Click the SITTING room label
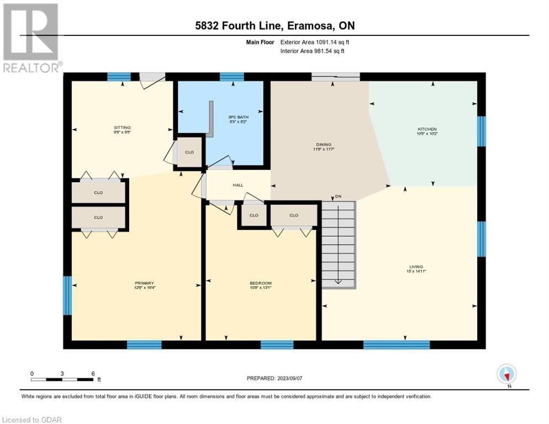[123, 128]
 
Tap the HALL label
[237, 185]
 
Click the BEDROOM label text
[260, 283]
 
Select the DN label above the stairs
[337, 197]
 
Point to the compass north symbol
[506, 374]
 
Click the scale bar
[62, 379]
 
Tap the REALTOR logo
[31, 38]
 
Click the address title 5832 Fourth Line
[274, 26]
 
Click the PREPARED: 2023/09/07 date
[274, 378]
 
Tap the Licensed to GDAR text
[31, 420]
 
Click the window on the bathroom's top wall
[232, 77]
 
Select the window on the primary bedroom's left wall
[67, 295]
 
